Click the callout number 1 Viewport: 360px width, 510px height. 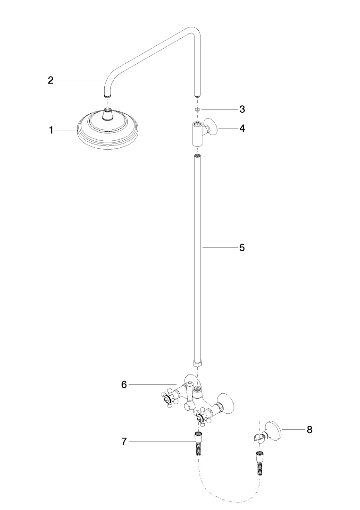51,130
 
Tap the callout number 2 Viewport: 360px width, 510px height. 51,80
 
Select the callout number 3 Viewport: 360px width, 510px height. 242,110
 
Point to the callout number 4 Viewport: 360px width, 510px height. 242,128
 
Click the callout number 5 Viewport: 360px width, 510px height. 242,247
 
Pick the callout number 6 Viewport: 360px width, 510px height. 124,384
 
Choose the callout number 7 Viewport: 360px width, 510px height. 124,442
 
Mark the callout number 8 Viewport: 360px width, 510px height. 310,430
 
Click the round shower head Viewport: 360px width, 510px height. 108,128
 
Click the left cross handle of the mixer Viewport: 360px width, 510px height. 168,398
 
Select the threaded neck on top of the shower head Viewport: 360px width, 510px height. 108,114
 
